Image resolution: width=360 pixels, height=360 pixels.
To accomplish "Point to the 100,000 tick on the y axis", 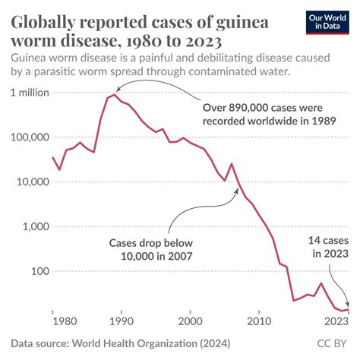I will coord(29,137).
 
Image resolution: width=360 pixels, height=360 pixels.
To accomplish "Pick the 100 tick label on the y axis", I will coord(38,272).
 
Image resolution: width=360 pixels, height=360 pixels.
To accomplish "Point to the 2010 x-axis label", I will coord(259,321).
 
